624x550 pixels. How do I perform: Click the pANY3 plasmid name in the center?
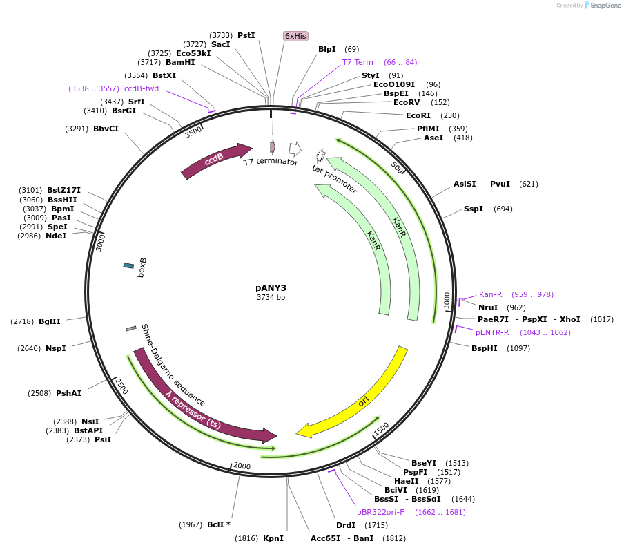pyautogui.click(x=271, y=287)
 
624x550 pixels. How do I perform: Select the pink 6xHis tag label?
pyautogui.click(x=295, y=36)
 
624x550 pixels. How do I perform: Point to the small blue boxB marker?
pyautogui.click(x=129, y=265)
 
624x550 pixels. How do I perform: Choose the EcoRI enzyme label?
pyautogui.click(x=418, y=115)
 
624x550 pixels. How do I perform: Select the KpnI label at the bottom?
pyautogui.click(x=273, y=538)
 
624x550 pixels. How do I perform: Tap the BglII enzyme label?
pyautogui.click(x=50, y=321)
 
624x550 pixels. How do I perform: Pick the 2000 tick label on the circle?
pyautogui.click(x=242, y=466)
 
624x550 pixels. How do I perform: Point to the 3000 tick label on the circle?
pyautogui.click(x=100, y=241)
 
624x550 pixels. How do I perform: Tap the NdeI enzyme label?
pyautogui.click(x=56, y=236)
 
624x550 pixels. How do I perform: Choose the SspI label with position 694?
pyautogui.click(x=474, y=209)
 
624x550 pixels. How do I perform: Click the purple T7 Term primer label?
pyautogui.click(x=358, y=62)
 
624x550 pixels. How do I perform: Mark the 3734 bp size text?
pyautogui.click(x=271, y=298)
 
